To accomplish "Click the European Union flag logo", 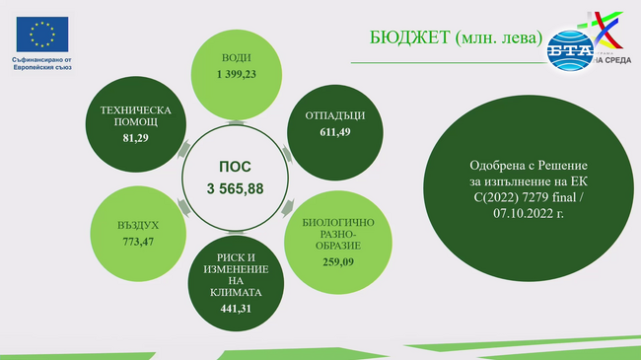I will [x=41, y=36].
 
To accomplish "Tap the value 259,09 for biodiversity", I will [x=337, y=263].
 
